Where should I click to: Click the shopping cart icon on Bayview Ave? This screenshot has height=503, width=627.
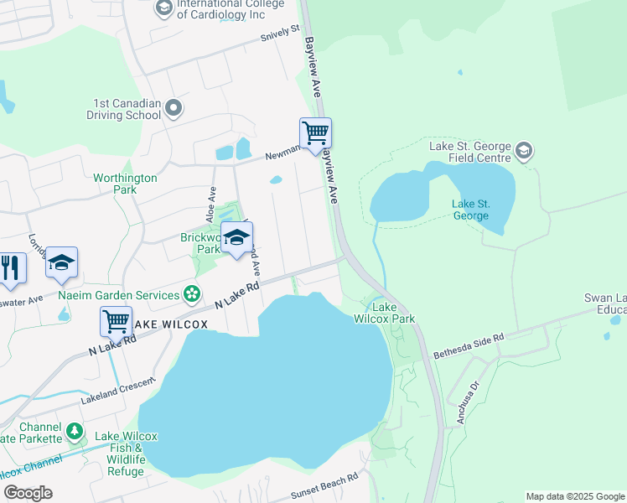[x=315, y=133]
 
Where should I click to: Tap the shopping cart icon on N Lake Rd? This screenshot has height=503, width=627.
[x=116, y=321]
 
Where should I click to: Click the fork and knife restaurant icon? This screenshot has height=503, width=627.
[x=10, y=267]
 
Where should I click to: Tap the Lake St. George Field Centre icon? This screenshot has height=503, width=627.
[x=524, y=152]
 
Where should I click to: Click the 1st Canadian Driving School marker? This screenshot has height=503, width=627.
[x=174, y=107]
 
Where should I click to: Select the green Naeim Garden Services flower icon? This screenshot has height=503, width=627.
[x=192, y=294]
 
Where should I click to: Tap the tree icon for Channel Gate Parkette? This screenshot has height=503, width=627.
[x=75, y=432]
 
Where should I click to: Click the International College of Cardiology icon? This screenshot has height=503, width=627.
[x=163, y=8]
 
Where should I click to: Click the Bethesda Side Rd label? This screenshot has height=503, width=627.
[x=469, y=346]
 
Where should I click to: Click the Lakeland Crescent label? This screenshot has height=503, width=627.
[x=117, y=392]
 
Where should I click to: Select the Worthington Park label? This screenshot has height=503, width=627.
[x=125, y=184]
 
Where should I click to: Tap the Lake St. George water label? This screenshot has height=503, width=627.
[x=470, y=210]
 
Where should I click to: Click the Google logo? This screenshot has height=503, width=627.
[x=28, y=493]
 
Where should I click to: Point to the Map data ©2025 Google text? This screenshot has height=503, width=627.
[x=574, y=496]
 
